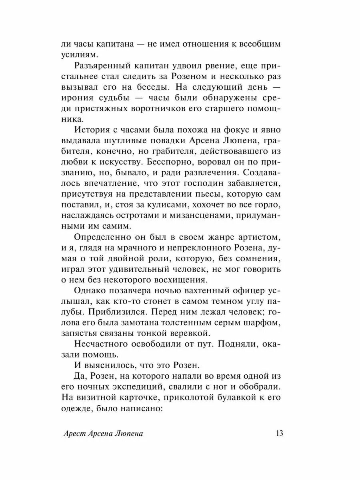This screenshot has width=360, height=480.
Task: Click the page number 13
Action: pos(279,434)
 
